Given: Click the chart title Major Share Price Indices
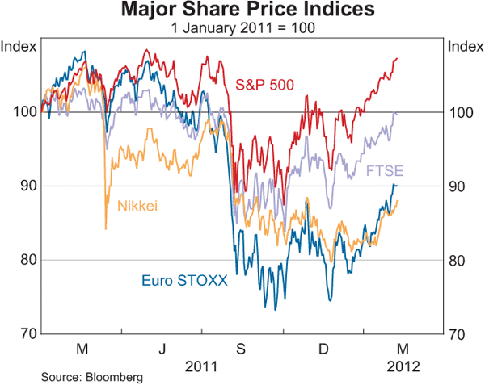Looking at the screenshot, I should (x=242, y=10).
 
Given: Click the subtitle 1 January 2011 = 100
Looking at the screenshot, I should (x=242, y=28).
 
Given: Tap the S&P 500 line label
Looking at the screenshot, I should (x=264, y=84).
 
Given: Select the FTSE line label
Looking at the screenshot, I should (x=385, y=171).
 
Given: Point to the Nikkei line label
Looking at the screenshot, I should (x=138, y=206).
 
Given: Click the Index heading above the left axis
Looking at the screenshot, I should (x=19, y=46).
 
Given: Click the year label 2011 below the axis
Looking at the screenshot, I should (x=202, y=365).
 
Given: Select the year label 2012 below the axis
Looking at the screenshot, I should (x=403, y=365).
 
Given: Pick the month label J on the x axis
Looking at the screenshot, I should (x=162, y=349).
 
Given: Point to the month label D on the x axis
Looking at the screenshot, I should (x=323, y=349).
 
